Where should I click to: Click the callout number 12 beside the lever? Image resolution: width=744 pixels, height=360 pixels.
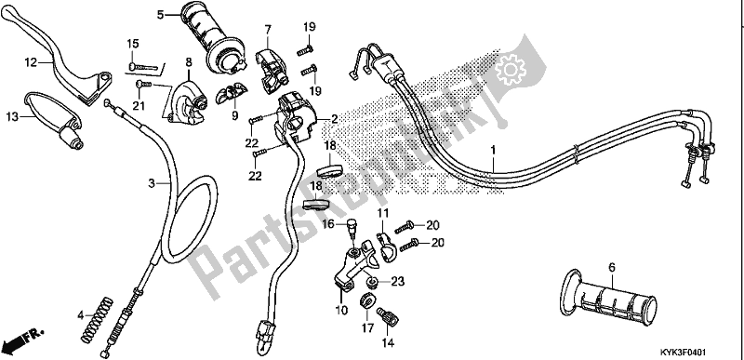[30, 62]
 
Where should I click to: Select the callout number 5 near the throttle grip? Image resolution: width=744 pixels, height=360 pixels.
[160, 15]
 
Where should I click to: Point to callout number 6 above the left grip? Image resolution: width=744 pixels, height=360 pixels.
[611, 267]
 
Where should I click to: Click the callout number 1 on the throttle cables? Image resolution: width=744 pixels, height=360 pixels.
[492, 149]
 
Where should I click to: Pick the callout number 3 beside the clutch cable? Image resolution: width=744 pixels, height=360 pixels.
[151, 185]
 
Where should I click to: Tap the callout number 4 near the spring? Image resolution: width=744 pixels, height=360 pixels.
[81, 313]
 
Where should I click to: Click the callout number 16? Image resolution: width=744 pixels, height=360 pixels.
[327, 224]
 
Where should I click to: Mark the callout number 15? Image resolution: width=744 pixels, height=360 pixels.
[131, 43]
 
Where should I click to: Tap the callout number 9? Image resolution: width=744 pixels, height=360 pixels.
[234, 116]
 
